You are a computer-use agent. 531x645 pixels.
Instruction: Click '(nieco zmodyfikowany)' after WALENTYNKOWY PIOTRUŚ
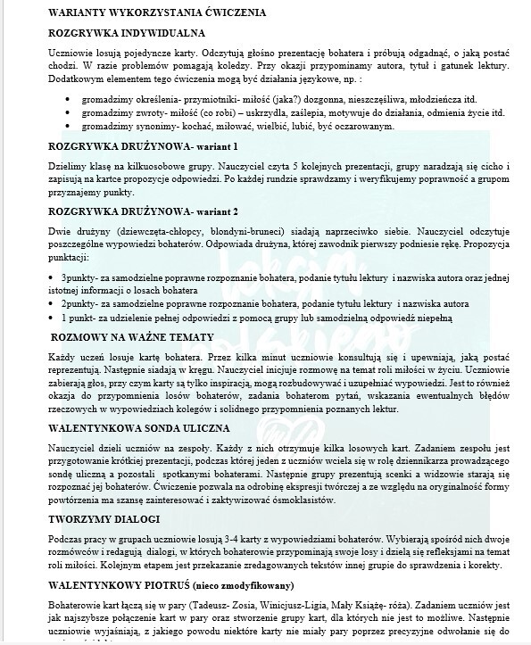[x=239, y=586]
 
